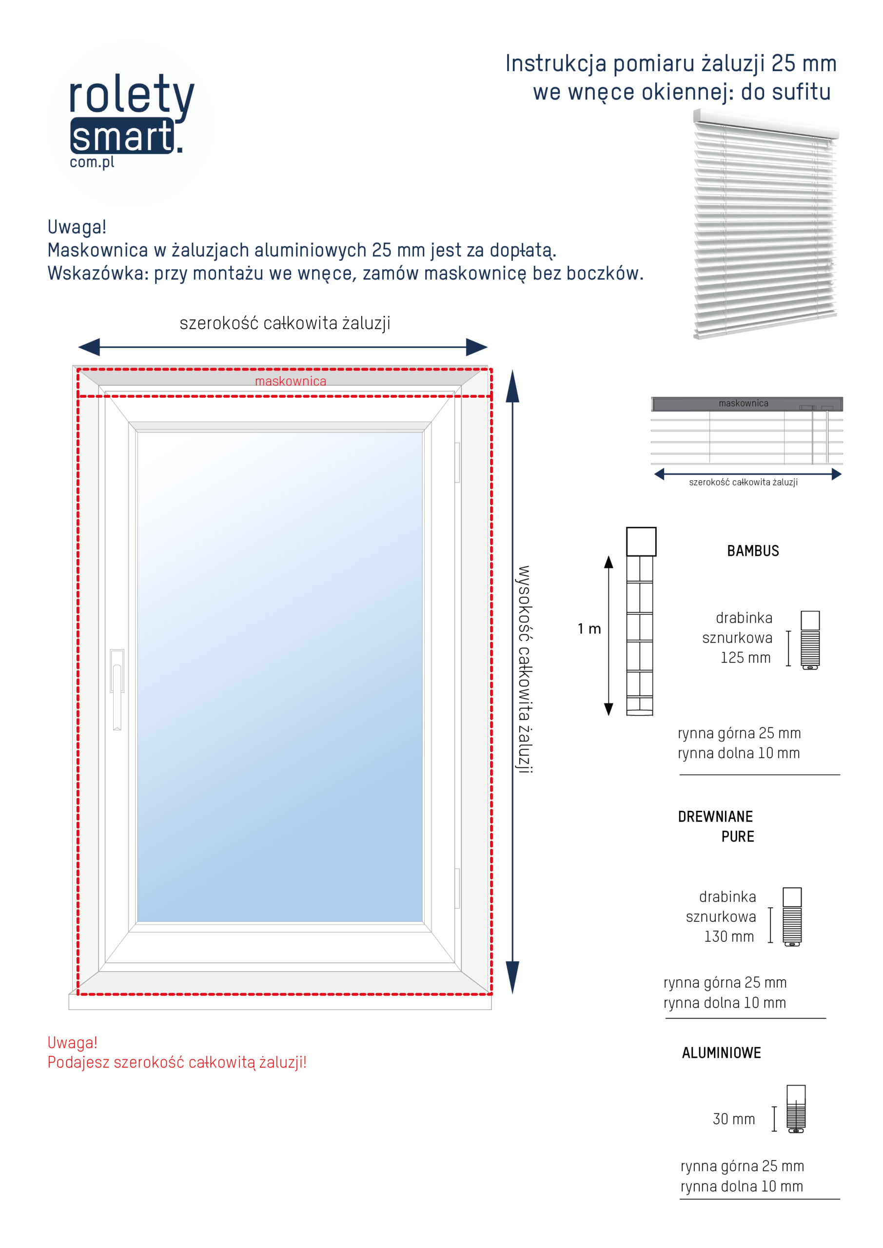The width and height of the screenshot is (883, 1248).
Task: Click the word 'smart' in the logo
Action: click(122, 136)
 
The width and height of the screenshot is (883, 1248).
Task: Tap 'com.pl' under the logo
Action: click(92, 162)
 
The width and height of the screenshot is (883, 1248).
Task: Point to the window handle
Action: click(117, 687)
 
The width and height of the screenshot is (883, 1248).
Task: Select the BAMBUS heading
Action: click(752, 551)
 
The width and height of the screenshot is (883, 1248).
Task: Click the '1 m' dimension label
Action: click(589, 629)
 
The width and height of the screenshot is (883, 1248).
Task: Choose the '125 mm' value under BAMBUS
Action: click(746, 658)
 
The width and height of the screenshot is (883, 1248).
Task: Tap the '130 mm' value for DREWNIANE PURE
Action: click(728, 936)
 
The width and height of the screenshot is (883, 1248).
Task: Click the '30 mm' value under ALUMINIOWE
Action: click(733, 1119)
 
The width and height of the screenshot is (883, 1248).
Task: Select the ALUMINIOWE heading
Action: click(721, 1053)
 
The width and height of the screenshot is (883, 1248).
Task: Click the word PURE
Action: click(737, 837)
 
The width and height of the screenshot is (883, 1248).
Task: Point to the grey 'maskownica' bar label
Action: click(743, 403)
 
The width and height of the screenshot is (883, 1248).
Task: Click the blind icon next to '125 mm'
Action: click(809, 640)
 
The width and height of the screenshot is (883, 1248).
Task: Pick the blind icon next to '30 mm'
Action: click(796, 1109)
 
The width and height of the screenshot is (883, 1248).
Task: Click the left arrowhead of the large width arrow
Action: click(90, 347)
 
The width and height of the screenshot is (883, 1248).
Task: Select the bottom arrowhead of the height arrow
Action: click(512, 977)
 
